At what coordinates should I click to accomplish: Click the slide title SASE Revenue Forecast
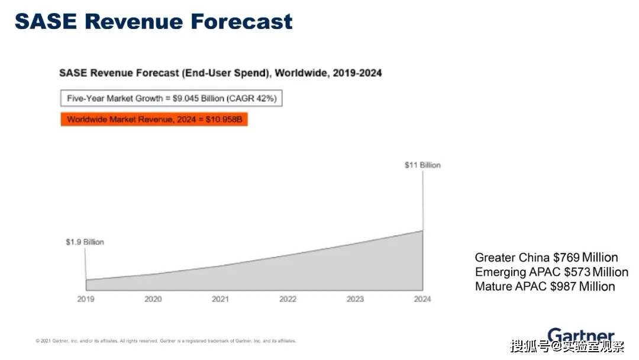tap(154, 21)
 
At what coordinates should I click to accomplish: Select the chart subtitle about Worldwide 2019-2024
tap(221, 73)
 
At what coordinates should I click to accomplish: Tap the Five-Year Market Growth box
tap(171, 98)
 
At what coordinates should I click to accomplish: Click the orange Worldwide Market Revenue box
tap(154, 120)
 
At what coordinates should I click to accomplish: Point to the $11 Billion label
tap(422, 165)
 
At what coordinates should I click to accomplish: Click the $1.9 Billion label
tap(85, 242)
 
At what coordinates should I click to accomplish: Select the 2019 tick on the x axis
tap(86, 299)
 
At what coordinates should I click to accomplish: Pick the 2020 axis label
tap(153, 299)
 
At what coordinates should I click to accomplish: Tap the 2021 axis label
tap(220, 299)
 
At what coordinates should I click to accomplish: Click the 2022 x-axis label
tap(288, 299)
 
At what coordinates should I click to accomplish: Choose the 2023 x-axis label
tap(355, 299)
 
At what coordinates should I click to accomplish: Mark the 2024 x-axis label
tap(422, 299)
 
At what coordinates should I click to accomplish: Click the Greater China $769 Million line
tap(546, 258)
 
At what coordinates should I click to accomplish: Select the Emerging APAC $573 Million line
tap(551, 272)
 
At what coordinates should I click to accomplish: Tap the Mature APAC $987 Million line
tap(545, 286)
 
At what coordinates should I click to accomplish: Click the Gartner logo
tap(581, 335)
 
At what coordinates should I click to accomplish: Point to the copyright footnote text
tap(166, 341)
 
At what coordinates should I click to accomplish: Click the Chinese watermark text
tap(567, 346)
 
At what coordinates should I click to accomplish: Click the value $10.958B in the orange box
tap(224, 120)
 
